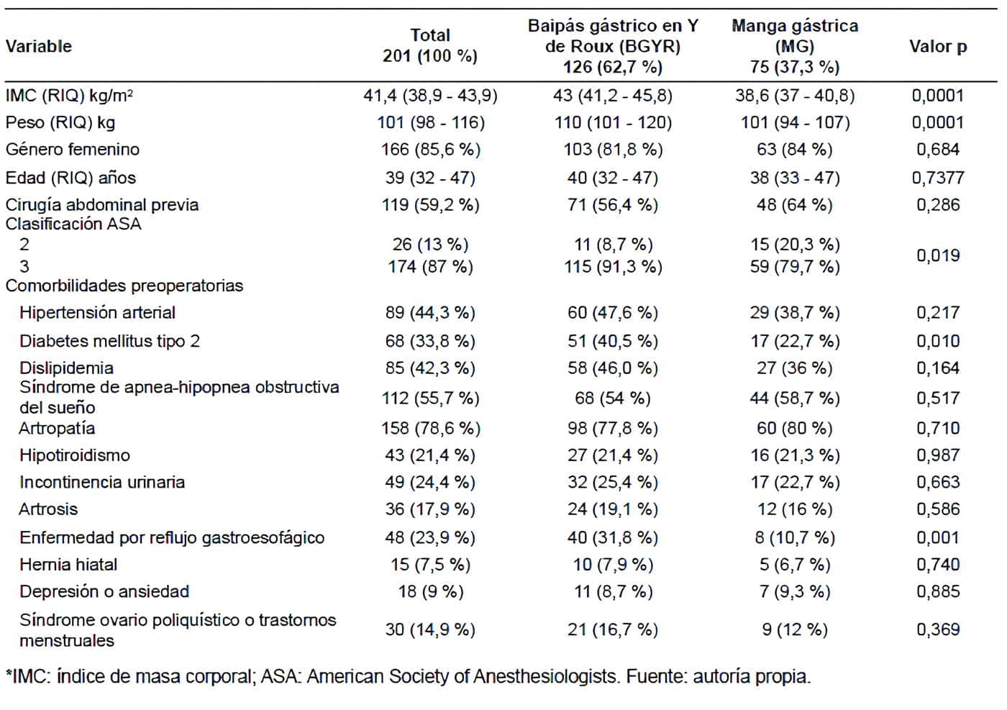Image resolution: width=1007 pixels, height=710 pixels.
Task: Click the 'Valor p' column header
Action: coord(937,47)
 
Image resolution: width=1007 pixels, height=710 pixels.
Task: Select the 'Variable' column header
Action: coord(39,47)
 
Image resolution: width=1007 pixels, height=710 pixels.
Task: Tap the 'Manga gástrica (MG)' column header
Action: coord(794,46)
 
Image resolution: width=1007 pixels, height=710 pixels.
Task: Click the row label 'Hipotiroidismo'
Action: coord(75,455)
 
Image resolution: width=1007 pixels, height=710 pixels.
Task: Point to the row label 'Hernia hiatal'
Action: coord(68,565)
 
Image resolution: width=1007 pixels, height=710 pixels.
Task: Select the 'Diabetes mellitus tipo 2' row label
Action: coord(109,341)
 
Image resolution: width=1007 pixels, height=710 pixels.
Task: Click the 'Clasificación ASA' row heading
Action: coord(73,224)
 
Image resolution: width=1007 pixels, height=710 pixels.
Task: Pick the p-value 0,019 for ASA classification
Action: coord(937,255)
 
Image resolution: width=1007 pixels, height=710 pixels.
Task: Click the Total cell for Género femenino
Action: coord(430,150)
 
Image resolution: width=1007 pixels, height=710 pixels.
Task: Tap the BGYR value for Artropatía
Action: coord(612,429)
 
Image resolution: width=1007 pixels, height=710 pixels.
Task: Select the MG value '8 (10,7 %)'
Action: coord(794,538)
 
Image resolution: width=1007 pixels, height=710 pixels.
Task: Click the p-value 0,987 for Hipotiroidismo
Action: coord(937,455)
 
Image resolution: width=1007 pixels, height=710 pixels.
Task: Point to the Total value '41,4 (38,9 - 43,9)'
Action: coord(430,96)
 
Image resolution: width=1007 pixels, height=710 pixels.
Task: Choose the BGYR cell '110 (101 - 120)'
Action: coord(612,123)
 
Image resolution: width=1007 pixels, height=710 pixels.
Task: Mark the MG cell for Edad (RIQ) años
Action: coord(794,178)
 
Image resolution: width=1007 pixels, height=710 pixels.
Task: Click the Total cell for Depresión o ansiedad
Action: coord(430,592)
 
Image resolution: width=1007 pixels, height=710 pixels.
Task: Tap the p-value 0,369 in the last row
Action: coord(937,629)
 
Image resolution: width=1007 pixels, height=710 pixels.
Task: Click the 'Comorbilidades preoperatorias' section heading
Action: coord(124,286)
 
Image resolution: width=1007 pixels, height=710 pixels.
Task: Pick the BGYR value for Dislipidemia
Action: coord(612,368)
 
